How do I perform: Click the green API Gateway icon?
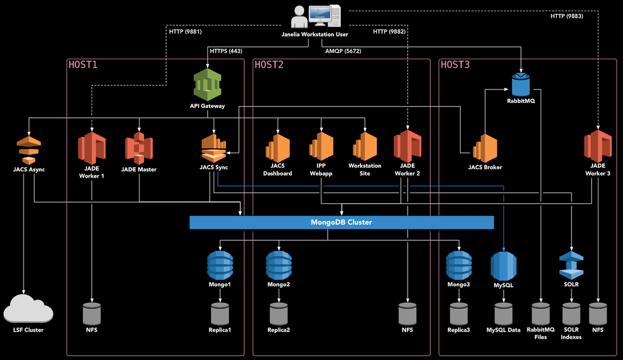coord(207,85)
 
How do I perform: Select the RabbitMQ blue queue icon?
coord(521,85)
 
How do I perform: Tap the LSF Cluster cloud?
coord(28,309)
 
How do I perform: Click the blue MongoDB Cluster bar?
coord(341,222)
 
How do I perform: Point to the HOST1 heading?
coord(83,65)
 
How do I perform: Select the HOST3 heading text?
coord(455,65)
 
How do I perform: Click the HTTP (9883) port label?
coord(567,16)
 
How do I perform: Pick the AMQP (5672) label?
coord(343,51)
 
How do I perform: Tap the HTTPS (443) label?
coord(226,51)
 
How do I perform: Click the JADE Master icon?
coord(139,148)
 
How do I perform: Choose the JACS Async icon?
coord(29,150)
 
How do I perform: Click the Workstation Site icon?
coord(365,147)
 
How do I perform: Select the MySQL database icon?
coord(503,266)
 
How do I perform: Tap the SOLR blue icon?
coord(571,265)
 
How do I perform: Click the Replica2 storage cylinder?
coord(279,314)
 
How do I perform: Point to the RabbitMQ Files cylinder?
coord(541,314)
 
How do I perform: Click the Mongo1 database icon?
coord(220,265)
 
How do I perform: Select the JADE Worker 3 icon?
coord(598,146)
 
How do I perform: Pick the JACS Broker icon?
coord(485,148)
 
